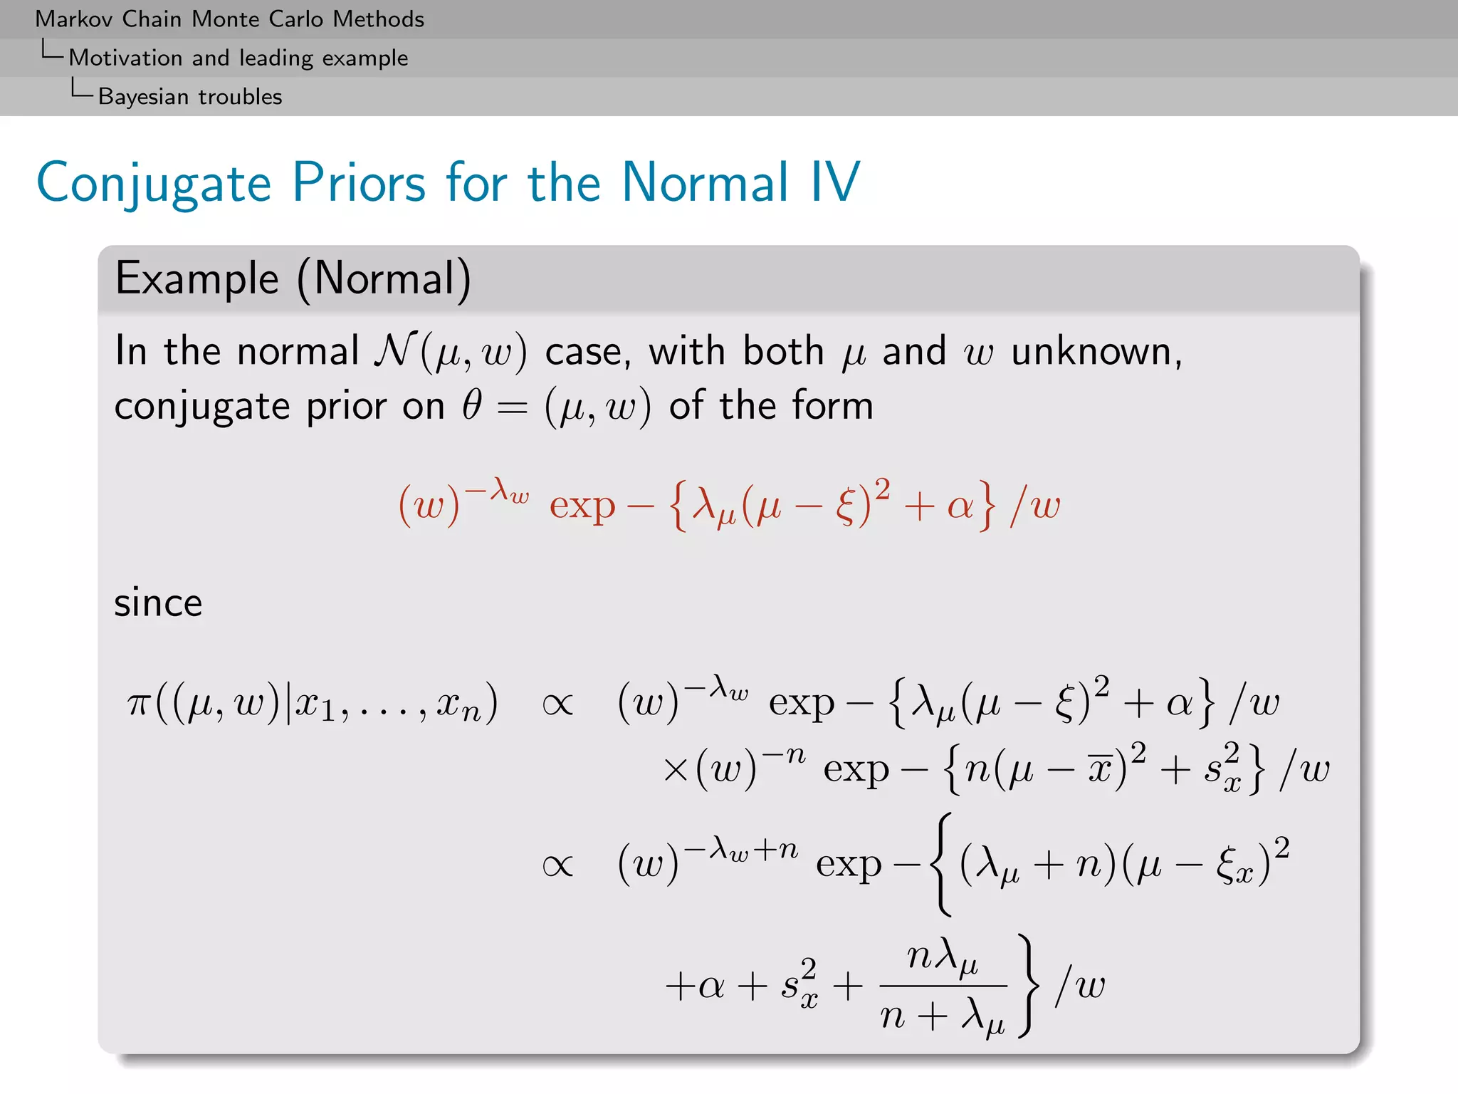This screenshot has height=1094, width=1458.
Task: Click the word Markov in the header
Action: [73, 19]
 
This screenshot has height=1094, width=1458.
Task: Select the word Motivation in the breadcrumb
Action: [125, 58]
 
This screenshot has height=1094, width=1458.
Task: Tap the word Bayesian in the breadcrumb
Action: [142, 97]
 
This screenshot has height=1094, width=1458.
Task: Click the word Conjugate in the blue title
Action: [154, 184]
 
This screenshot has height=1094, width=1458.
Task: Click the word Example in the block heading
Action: [196, 278]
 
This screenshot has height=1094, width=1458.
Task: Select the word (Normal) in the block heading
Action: [384, 278]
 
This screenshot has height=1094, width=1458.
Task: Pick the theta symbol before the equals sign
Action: [472, 406]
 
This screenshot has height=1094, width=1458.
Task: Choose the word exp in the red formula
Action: [582, 506]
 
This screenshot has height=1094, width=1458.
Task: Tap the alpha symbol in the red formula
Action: [960, 506]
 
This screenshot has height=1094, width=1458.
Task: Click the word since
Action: [158, 603]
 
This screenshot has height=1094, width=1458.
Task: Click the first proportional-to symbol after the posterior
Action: [557, 705]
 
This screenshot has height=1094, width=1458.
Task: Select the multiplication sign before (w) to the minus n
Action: [674, 771]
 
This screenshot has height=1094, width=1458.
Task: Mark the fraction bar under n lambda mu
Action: [943, 986]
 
